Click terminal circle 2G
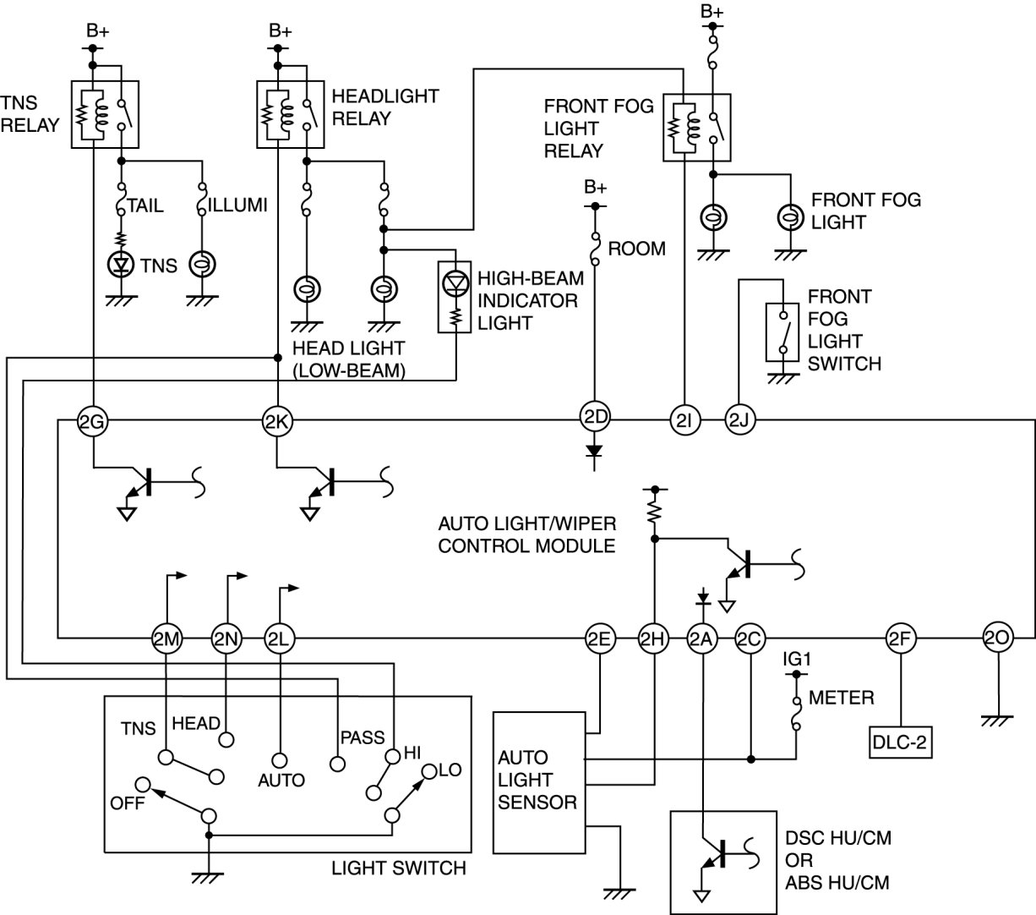point(90,420)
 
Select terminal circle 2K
point(277,420)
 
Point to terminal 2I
point(683,420)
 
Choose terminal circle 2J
point(739,420)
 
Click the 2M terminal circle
point(166,639)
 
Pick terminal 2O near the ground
point(997,638)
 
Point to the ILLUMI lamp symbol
point(203,265)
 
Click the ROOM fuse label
point(636,249)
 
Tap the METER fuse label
point(841,698)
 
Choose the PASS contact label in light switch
point(362,737)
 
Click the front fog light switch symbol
point(782,332)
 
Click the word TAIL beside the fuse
point(145,205)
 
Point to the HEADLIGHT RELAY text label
point(385,107)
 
